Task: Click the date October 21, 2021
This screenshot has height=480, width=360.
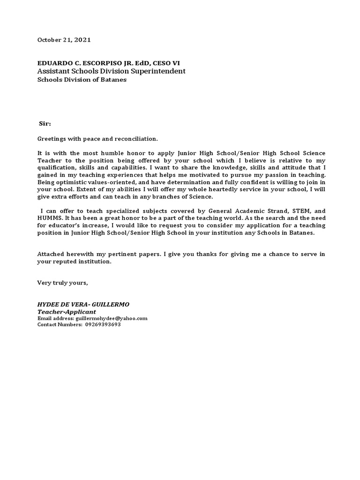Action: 64,40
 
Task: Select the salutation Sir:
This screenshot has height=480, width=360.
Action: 45,124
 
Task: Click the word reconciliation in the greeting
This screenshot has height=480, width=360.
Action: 136,139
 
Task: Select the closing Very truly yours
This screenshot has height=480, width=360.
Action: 62,283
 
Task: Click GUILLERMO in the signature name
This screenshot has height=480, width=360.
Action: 112,305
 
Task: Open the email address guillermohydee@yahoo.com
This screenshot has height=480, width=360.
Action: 112,318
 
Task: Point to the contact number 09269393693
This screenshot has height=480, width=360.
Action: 103,324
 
